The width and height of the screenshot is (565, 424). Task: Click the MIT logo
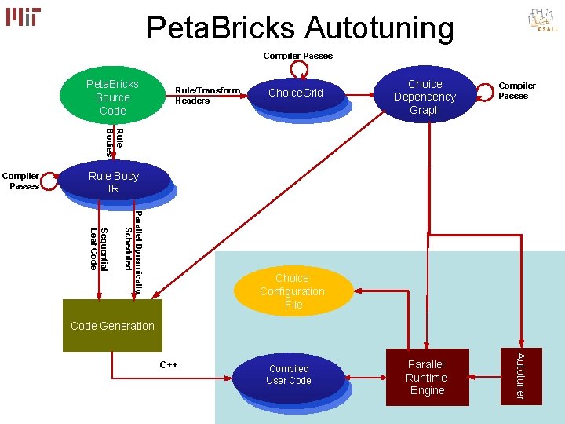tap(23, 16)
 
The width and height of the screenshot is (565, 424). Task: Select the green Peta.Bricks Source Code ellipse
tap(112, 97)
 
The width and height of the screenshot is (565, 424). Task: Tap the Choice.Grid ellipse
tap(295, 93)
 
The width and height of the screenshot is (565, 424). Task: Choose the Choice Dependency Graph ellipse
tap(425, 97)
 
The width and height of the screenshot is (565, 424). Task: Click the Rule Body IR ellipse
tap(114, 182)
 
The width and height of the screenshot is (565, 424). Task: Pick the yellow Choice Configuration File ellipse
tap(293, 291)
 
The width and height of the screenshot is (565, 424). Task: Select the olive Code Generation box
tap(112, 325)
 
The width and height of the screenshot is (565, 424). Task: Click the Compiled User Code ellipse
tap(289, 375)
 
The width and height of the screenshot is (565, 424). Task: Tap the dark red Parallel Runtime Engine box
tap(427, 377)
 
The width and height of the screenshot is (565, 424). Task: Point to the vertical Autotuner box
tap(519, 376)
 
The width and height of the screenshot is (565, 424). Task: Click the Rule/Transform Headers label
tap(207, 95)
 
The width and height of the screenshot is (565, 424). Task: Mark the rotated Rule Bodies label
tap(114, 141)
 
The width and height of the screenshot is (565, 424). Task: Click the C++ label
tap(169, 365)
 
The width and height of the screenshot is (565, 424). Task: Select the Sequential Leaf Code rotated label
tap(98, 248)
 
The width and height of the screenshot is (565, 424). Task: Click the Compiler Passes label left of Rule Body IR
tap(24, 181)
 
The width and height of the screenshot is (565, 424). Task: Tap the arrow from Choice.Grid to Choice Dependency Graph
tap(358, 95)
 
